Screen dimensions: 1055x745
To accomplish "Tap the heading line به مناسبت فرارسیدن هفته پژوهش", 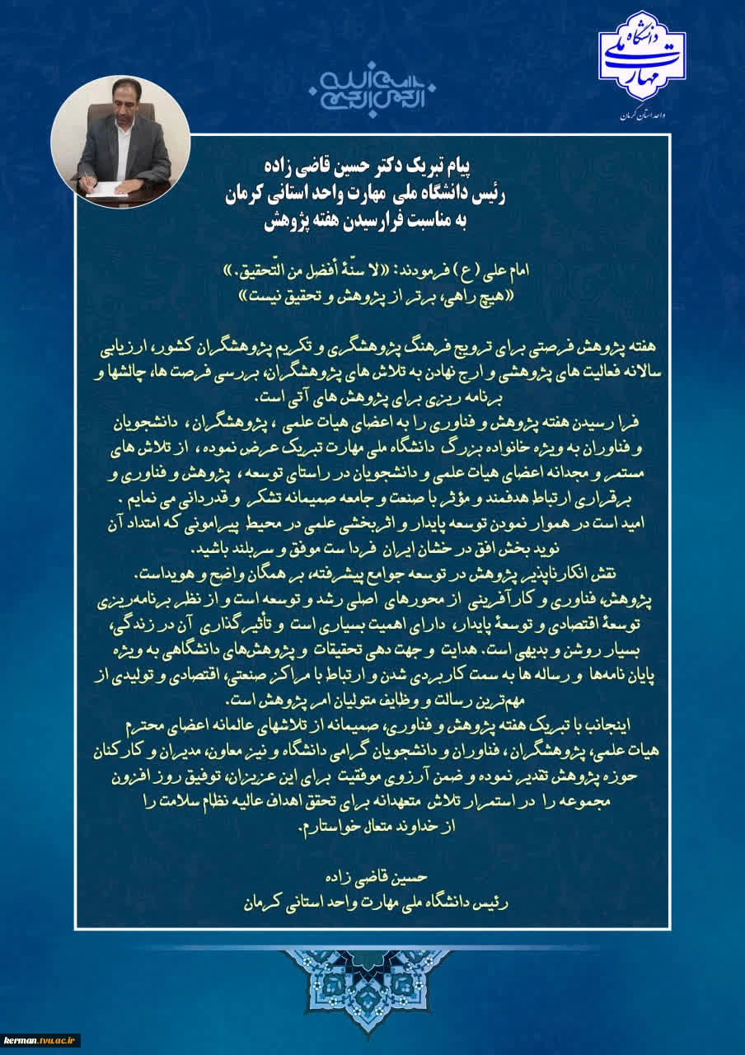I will [x=372, y=222].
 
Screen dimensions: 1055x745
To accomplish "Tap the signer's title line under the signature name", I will [x=372, y=903].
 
